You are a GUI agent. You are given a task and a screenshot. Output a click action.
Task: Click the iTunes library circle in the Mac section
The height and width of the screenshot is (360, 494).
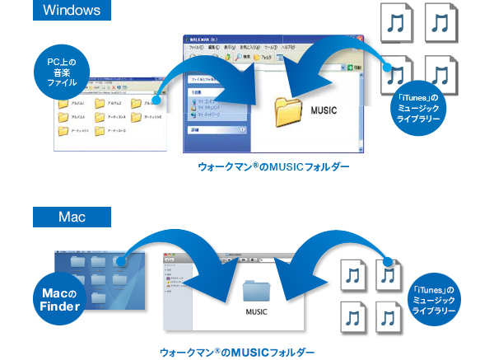coord(439,302)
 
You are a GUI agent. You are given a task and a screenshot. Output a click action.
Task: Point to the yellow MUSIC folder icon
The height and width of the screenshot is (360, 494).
coord(290,112)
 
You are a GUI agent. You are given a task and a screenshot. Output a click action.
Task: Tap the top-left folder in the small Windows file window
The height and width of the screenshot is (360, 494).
coord(63,104)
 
